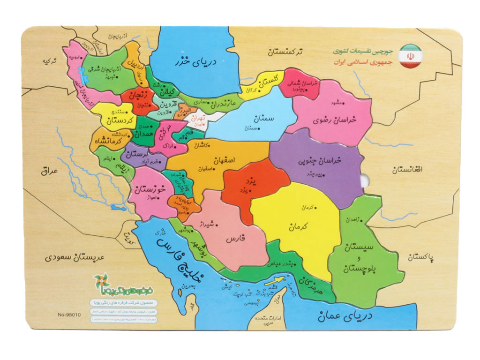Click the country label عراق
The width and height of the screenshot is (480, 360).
[x=48, y=171]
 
